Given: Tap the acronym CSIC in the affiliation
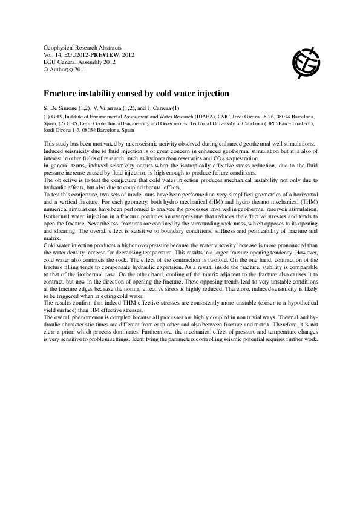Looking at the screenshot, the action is [227, 117].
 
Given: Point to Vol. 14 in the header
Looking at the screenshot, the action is [54, 54].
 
